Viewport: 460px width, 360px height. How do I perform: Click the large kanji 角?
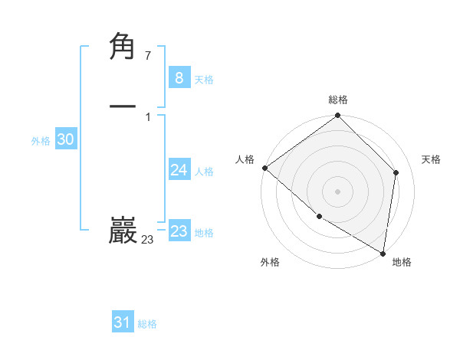(x=123, y=47)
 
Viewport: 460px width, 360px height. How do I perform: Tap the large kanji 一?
(x=123, y=106)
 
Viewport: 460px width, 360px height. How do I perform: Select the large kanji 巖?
(x=123, y=231)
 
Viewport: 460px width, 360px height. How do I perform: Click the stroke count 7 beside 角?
(x=147, y=56)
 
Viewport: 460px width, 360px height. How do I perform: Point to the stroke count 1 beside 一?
(x=147, y=116)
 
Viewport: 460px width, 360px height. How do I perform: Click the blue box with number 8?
(x=179, y=78)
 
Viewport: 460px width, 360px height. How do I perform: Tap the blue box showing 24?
(x=179, y=170)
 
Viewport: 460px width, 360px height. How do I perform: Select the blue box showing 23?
(x=179, y=231)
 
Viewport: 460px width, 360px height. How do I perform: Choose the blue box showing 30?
(x=65, y=139)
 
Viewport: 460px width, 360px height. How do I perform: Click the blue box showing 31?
(x=123, y=323)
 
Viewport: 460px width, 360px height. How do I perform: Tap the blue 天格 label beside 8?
(x=204, y=80)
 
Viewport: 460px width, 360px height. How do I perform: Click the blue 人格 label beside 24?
(x=204, y=172)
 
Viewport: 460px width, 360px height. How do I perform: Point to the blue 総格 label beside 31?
(x=147, y=325)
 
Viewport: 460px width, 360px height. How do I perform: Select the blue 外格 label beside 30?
(x=41, y=141)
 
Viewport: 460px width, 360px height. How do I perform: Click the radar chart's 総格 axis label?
(x=338, y=100)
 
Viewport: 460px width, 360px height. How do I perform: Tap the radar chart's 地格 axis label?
(x=402, y=262)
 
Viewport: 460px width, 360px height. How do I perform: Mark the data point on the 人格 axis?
(x=264, y=168)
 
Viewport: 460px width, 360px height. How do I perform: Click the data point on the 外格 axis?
(x=319, y=217)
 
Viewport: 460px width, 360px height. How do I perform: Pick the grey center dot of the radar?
(x=338, y=191)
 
